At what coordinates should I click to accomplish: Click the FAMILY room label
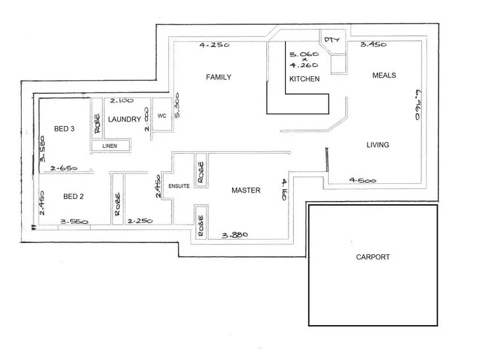(219, 78)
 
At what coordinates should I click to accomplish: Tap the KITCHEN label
(304, 79)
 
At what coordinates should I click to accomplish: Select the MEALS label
(384, 76)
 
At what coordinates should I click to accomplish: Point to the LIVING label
(377, 145)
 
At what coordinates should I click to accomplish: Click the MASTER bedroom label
(246, 191)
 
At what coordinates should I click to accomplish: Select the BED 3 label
(63, 129)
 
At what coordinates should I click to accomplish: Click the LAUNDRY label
(124, 120)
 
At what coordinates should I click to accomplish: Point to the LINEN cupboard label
(110, 146)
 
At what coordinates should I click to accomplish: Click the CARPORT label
(373, 258)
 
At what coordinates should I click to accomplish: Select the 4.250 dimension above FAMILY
(215, 46)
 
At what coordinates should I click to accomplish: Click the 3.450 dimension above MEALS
(372, 45)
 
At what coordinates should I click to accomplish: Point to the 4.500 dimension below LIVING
(363, 179)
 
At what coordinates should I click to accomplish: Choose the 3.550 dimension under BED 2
(74, 222)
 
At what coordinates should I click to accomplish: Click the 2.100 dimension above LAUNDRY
(122, 101)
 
